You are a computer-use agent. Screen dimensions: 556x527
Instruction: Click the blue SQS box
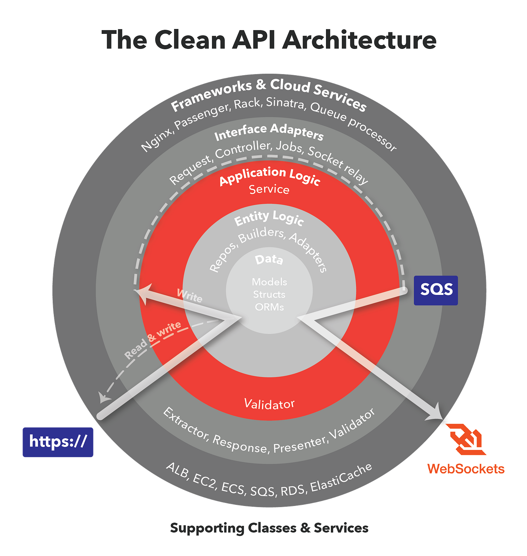(x=436, y=290)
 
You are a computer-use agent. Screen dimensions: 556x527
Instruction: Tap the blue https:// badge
(x=58, y=442)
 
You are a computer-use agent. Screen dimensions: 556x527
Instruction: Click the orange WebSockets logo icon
(x=466, y=439)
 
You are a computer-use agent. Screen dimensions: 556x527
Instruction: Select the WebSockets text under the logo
(x=466, y=469)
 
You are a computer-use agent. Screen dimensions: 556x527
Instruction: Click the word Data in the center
(x=269, y=260)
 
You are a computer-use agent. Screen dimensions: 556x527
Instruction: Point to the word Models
(x=270, y=282)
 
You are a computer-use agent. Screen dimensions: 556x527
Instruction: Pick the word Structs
(x=269, y=294)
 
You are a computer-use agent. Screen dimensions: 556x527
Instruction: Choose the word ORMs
(x=270, y=307)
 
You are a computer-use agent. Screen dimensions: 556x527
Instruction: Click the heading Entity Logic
(x=269, y=218)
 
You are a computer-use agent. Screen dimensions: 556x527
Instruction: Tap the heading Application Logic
(x=270, y=175)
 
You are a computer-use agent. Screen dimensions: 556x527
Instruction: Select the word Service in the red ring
(x=269, y=189)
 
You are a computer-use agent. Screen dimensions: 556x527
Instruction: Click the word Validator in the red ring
(x=269, y=404)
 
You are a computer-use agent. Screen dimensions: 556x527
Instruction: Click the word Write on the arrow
(x=190, y=296)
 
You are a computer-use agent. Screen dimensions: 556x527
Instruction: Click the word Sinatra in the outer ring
(x=285, y=103)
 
